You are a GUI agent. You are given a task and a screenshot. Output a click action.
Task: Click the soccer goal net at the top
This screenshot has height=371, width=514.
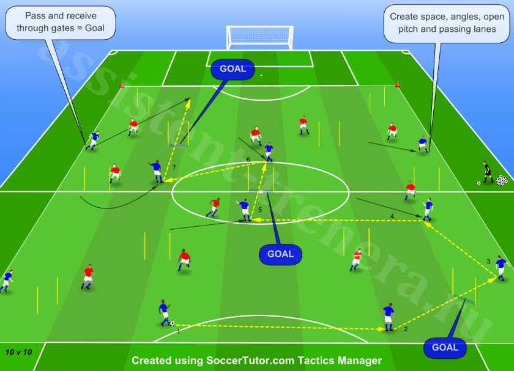[259, 37]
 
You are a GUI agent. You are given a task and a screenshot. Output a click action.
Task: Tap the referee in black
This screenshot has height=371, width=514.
[488, 172]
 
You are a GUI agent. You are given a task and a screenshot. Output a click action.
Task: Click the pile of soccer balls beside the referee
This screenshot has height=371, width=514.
[502, 180]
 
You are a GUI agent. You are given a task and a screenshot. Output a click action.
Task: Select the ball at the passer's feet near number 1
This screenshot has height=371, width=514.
[172, 323]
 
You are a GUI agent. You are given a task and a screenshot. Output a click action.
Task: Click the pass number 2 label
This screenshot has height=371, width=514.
[406, 329]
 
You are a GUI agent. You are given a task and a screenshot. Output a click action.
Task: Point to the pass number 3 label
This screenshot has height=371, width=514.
[488, 262]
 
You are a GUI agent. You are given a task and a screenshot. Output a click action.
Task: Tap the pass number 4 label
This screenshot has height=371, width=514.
[392, 216]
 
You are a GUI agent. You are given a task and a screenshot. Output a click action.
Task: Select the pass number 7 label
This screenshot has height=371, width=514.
[174, 167]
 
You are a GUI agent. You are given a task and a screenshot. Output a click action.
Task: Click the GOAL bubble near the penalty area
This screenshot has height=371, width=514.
[233, 69]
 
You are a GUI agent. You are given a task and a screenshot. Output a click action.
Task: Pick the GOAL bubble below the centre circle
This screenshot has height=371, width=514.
[280, 254]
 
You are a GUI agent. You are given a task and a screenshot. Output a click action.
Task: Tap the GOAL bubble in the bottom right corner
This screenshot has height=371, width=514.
[445, 347]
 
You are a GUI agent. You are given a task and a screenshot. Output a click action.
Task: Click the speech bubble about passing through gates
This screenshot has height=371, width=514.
[61, 22]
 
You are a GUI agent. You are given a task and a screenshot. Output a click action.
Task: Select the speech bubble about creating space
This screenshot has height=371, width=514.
[447, 23]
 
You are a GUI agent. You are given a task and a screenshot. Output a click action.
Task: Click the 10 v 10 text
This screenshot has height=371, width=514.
[19, 352]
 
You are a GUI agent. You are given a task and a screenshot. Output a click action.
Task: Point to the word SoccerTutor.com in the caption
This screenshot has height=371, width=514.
[250, 361]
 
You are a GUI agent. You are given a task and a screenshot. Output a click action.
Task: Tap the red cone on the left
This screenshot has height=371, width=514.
[122, 84]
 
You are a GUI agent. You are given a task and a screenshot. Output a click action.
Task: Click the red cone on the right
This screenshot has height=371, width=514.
[398, 84]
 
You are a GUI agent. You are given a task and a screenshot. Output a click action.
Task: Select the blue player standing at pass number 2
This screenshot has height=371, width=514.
[389, 317]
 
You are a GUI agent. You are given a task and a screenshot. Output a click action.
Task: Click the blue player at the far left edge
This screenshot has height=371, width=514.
[7, 281]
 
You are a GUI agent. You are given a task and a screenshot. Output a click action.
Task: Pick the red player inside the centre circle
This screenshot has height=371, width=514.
[214, 207]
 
